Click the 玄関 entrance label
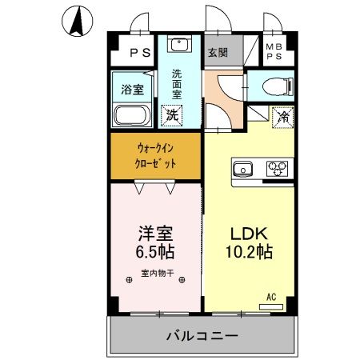218,54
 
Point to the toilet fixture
274,86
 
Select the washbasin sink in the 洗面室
179,45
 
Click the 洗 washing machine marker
172,114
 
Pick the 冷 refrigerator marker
282,117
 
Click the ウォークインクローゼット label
156,154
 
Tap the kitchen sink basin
242,169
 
